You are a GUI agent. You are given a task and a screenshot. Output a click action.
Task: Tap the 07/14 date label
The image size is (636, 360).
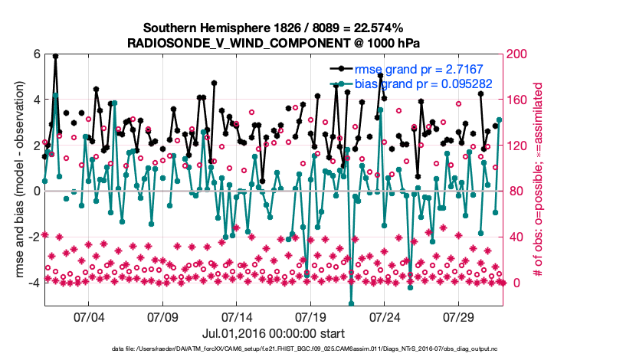pos(237,316)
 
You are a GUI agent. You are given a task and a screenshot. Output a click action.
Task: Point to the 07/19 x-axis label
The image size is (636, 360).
pos(311,316)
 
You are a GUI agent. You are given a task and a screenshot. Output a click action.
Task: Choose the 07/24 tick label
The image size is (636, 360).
pos(385,316)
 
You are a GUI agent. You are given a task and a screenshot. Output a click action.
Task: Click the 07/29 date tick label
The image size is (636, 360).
pos(460,316)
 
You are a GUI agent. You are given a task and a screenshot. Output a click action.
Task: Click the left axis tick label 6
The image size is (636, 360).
pos(35,54)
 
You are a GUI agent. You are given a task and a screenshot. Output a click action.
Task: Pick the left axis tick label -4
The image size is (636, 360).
pos(33,283)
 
